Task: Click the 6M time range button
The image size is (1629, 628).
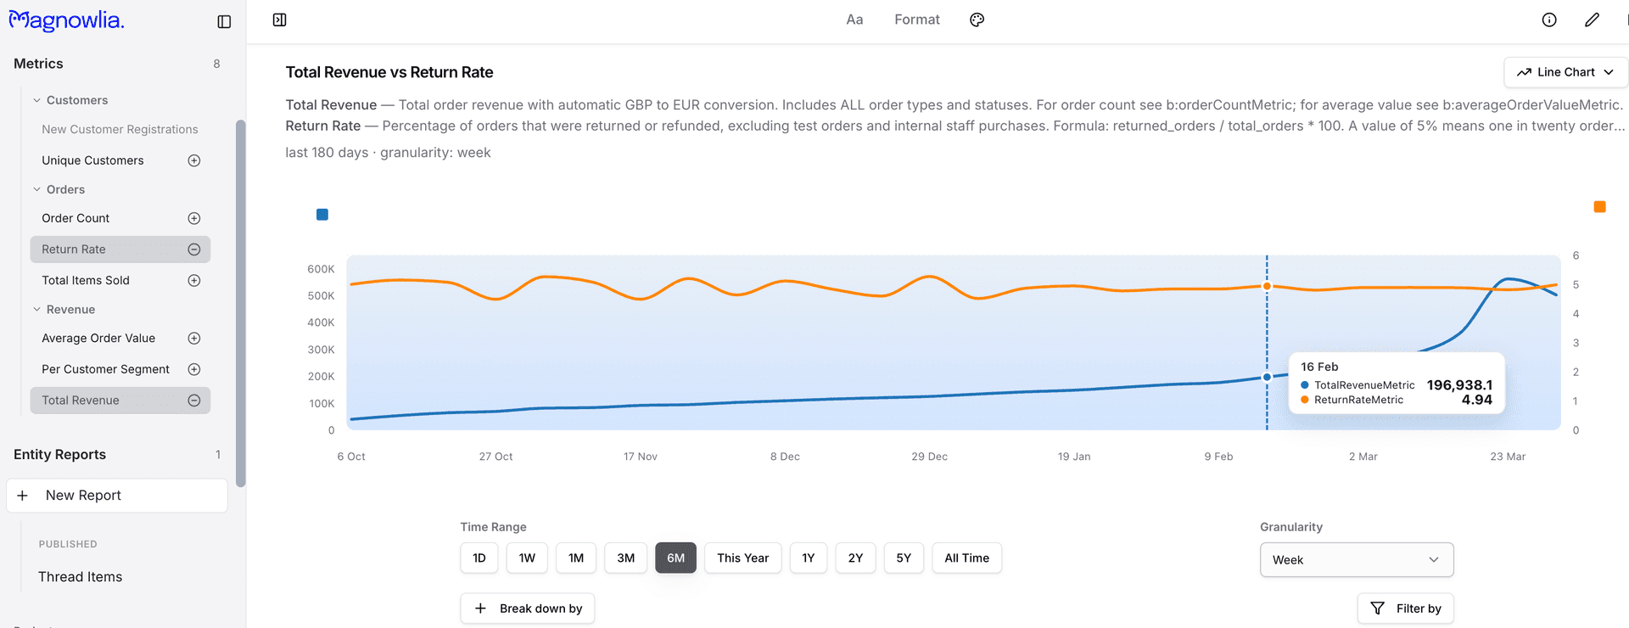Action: [x=675, y=558]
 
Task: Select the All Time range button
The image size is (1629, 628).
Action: [x=966, y=558]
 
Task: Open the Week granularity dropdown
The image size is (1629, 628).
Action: [x=1356, y=559]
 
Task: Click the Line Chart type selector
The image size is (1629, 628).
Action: [x=1565, y=72]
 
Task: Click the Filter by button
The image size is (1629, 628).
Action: [x=1405, y=608]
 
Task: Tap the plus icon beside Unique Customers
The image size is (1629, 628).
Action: [x=194, y=160]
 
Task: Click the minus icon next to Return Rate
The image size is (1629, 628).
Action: [x=194, y=250]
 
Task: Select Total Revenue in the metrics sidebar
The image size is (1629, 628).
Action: [x=81, y=401]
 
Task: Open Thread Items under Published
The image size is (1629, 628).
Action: [x=80, y=577]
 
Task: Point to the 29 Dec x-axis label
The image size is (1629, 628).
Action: [x=929, y=457]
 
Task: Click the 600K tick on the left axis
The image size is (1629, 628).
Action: [x=321, y=269]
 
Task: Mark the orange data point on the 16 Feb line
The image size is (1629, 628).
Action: [x=1267, y=286]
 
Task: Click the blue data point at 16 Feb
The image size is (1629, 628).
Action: [x=1267, y=377]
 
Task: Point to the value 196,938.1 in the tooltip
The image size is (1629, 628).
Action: [x=1458, y=384]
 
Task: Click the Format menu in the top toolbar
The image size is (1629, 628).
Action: [x=916, y=20]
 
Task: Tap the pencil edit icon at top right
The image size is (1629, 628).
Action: [x=1592, y=20]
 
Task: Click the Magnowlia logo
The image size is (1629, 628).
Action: [x=67, y=20]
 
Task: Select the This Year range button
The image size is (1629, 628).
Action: [x=742, y=558]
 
